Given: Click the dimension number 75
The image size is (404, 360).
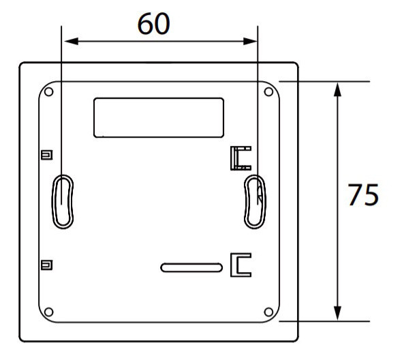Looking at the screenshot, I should pyautogui.click(x=363, y=196).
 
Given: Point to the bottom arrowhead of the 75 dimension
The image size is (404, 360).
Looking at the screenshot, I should pyautogui.click(x=337, y=313).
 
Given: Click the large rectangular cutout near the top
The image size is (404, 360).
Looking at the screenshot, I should pyautogui.click(x=158, y=117).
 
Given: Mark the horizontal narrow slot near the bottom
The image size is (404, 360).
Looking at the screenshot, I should pyautogui.click(x=191, y=267).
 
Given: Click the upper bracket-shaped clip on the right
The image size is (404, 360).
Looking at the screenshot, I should pyautogui.click(x=240, y=157).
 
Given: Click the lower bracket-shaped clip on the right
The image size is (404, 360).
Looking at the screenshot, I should pyautogui.click(x=240, y=265).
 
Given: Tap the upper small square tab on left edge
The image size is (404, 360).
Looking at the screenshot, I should pyautogui.click(x=46, y=155).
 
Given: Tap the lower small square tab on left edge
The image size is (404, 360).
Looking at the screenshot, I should pyautogui.click(x=46, y=265).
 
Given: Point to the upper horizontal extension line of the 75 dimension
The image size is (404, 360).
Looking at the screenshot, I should pyautogui.click(x=324, y=81).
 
